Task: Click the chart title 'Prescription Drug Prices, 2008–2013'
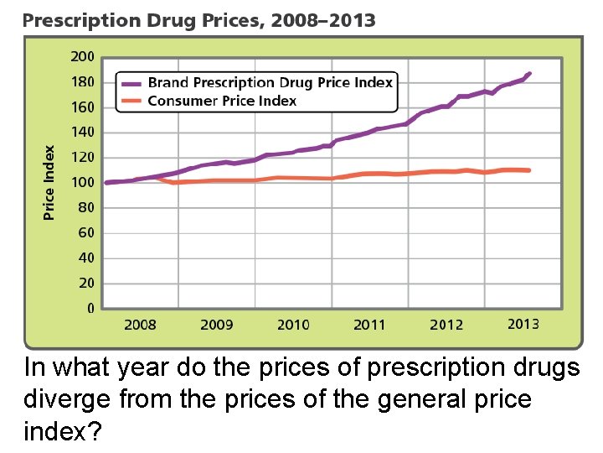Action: point(199,20)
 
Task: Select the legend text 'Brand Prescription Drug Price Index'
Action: point(270,82)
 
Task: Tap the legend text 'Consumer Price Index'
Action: point(222,101)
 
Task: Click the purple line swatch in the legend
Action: point(132,83)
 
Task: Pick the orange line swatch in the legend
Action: point(132,102)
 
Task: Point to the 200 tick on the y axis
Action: point(82,57)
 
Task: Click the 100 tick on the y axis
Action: point(82,182)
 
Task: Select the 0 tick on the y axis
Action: point(90,308)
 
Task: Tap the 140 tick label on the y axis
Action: point(82,133)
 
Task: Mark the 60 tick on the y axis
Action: point(85,232)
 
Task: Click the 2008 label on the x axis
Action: point(140,325)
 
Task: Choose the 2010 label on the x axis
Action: point(293,325)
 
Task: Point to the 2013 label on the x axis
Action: point(523,324)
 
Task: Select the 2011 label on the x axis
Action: point(369,325)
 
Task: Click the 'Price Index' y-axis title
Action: point(49,183)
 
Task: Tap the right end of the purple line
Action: point(529,74)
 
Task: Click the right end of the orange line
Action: point(528,170)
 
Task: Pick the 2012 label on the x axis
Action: point(446,325)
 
